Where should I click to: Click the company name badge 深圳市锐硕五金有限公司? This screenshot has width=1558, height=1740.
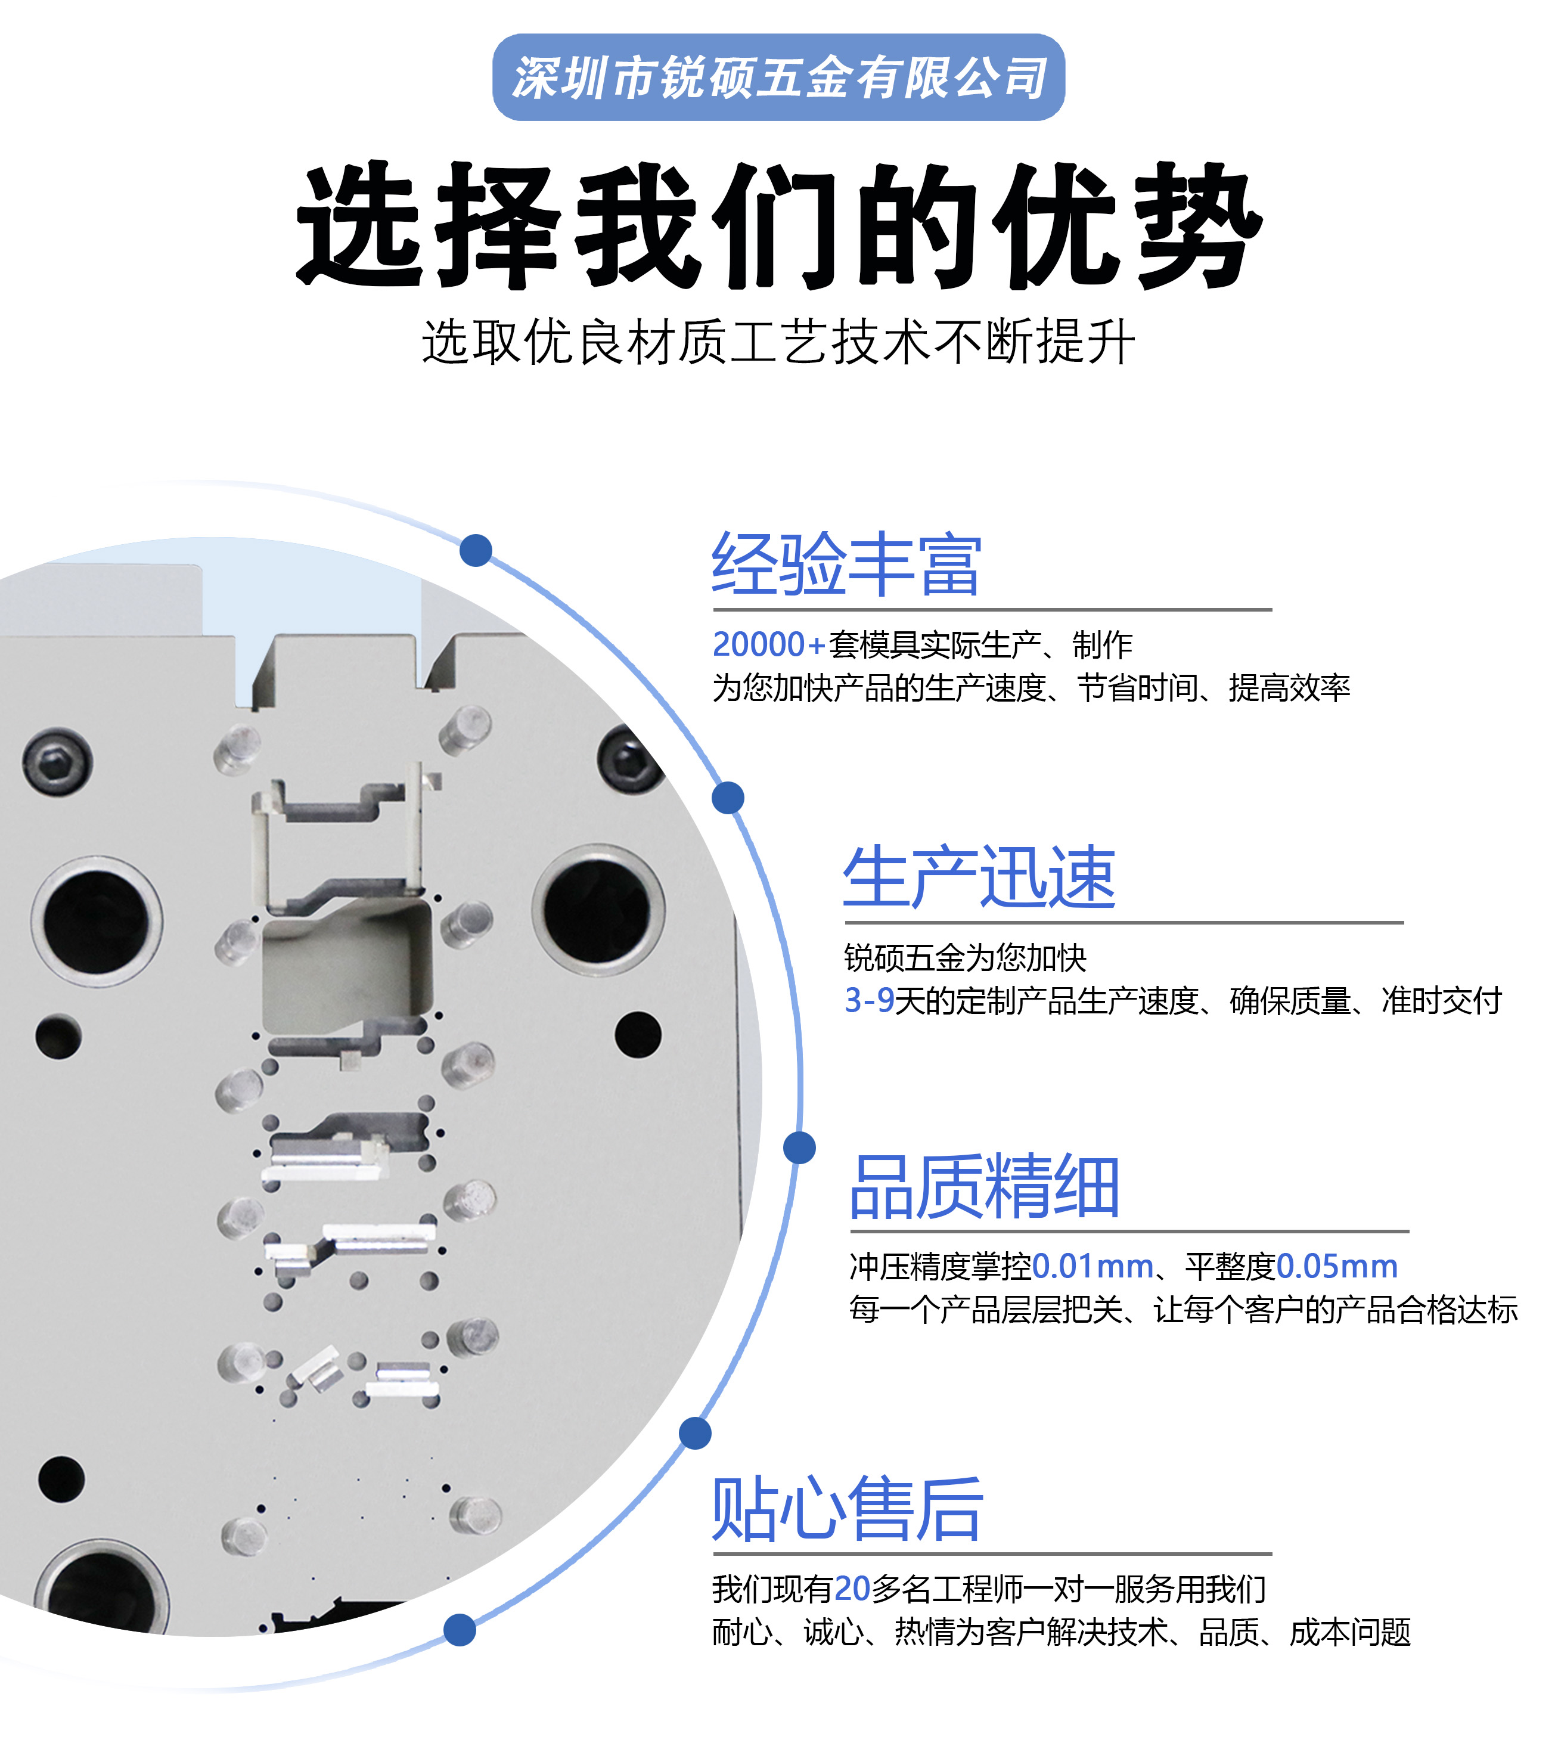click(778, 77)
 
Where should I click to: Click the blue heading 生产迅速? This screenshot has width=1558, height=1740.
click(979, 877)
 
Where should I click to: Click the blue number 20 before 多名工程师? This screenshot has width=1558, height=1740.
click(853, 1589)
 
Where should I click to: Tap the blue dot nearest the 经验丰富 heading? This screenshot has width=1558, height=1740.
click(476, 550)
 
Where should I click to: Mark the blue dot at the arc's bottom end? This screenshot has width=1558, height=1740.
click(460, 1630)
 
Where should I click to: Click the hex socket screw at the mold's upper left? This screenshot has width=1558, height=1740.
click(57, 761)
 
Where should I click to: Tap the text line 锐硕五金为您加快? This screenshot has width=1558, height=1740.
click(965, 957)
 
